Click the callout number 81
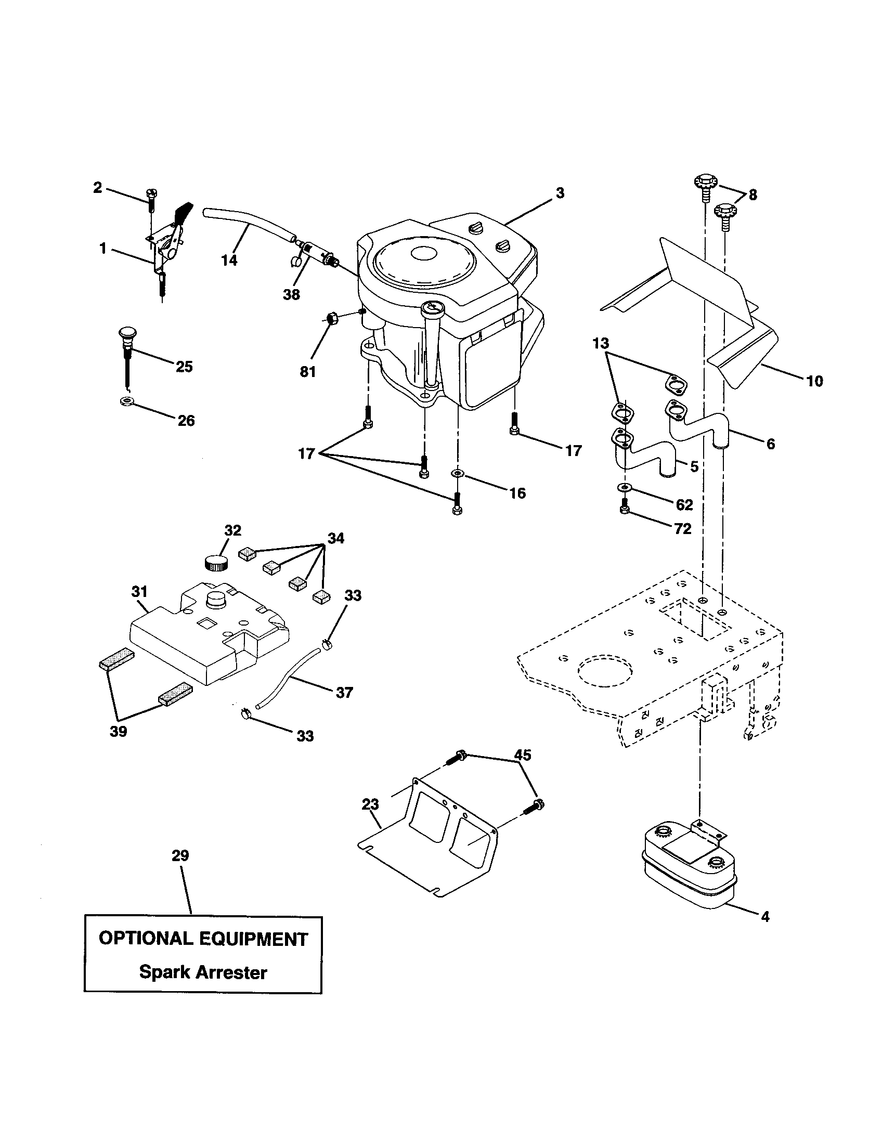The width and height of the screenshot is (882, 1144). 307,372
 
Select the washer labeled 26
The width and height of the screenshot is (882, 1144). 126,402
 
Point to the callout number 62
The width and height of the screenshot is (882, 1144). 684,504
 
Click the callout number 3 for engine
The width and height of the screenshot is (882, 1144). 560,193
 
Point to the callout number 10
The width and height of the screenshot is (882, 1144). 814,381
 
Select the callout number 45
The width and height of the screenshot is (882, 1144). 522,755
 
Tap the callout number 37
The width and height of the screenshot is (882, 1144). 344,693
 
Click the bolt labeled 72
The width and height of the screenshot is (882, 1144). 624,508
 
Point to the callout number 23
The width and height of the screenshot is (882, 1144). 370,804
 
